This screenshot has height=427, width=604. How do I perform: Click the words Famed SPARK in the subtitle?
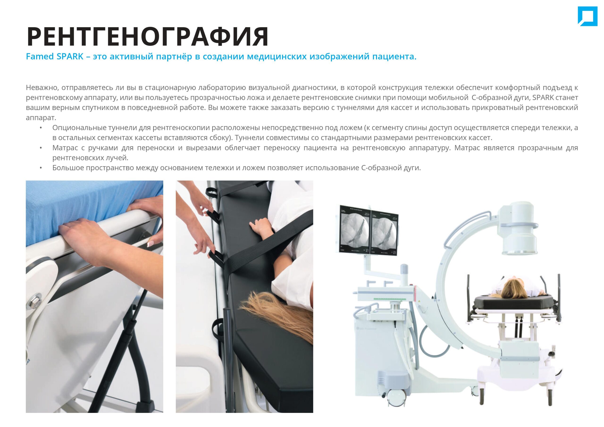point(55,56)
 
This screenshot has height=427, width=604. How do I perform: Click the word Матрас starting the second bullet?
point(65,148)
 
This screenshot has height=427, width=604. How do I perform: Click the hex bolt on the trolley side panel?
point(34,301)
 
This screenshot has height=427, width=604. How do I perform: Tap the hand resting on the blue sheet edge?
point(87,234)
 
